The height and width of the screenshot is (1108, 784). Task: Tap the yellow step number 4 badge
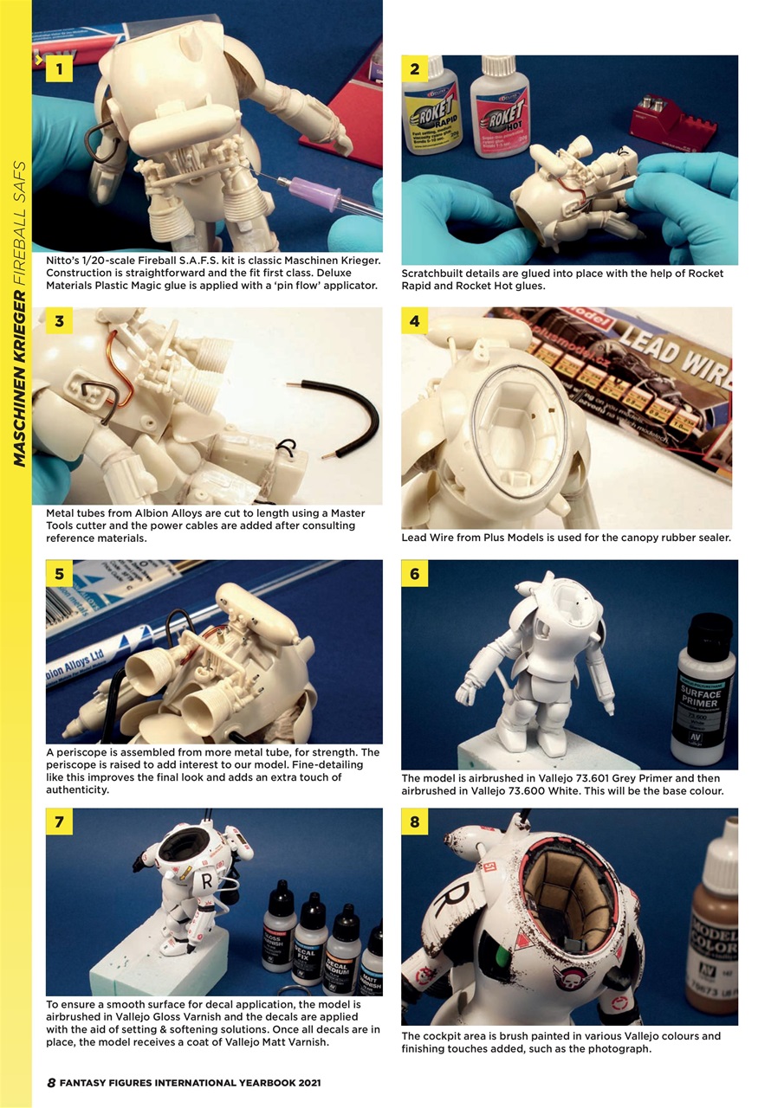tap(414, 322)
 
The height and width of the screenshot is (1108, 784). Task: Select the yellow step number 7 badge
tap(59, 821)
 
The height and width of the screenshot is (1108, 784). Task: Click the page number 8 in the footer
tap(51, 1083)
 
